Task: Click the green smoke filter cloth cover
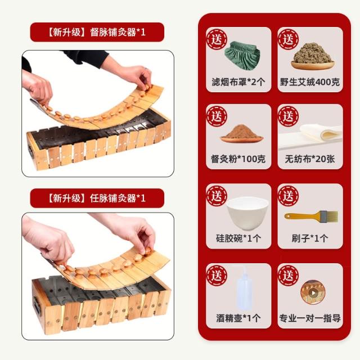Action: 242,56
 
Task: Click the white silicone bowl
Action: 247,213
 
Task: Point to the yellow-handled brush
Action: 311,216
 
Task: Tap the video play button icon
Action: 313,292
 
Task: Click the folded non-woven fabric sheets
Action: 310,136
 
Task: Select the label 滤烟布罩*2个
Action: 238,82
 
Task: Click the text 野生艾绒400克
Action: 310,82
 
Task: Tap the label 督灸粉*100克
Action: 238,159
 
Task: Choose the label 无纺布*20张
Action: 310,159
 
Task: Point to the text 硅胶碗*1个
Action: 238,238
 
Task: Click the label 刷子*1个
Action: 310,238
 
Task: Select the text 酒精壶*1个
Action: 238,318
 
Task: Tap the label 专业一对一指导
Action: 310,318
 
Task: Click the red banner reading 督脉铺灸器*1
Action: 97,32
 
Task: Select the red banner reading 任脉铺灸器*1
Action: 97,198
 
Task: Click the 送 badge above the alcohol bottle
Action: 217,276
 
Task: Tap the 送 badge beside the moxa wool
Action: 289,39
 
